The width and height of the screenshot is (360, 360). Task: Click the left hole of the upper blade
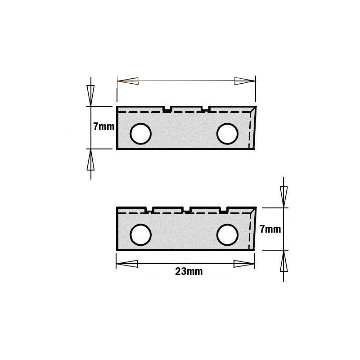140,134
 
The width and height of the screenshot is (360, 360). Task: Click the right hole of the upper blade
227,134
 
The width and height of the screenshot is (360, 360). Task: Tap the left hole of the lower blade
140,235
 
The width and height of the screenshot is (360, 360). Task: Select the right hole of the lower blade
227,235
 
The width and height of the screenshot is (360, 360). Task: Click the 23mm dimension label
189,271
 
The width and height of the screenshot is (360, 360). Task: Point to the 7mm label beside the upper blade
104,126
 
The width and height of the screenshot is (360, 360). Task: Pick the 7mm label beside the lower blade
270,229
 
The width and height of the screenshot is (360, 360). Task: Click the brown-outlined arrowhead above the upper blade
128,81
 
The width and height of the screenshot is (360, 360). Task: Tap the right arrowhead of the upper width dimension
245,81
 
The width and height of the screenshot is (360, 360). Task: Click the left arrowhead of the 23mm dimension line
127,264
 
